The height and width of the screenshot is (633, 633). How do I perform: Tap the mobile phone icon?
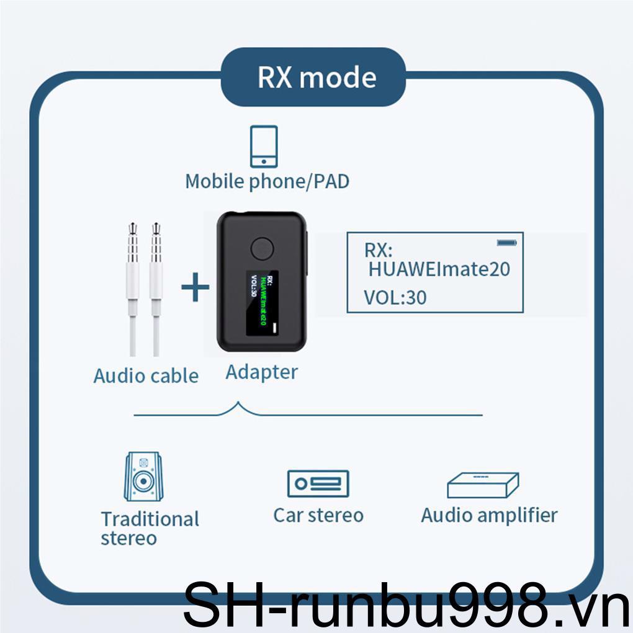(264, 146)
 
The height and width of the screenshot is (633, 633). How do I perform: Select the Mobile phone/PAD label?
(267, 181)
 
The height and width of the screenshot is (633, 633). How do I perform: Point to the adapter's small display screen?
(263, 303)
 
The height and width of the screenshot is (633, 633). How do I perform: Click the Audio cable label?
(146, 375)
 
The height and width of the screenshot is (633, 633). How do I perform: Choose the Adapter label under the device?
(261, 372)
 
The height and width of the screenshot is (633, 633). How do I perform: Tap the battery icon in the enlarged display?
(506, 242)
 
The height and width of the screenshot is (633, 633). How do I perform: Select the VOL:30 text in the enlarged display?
(395, 297)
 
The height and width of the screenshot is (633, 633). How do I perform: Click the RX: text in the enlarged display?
(378, 250)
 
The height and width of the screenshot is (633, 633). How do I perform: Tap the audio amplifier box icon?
(483, 485)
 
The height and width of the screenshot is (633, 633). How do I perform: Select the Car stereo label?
(318, 514)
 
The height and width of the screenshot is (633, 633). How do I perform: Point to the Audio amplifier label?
(489, 514)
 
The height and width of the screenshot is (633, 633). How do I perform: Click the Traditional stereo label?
(150, 528)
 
